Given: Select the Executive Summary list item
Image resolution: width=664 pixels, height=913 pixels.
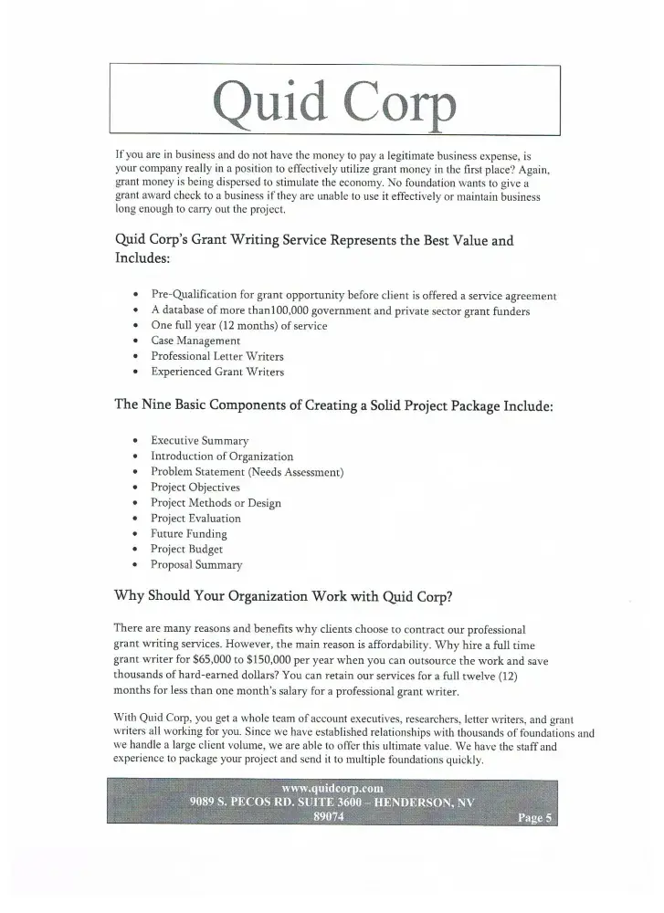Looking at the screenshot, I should [199, 441].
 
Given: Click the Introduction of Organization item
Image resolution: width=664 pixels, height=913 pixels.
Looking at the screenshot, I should [222, 456].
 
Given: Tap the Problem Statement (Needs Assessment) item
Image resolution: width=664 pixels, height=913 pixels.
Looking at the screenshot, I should [247, 472].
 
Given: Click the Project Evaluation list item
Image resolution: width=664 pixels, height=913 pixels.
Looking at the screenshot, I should [195, 519].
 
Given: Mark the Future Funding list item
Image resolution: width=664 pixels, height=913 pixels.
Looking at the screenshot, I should [189, 534].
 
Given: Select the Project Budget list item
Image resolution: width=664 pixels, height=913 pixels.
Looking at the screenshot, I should [186, 550].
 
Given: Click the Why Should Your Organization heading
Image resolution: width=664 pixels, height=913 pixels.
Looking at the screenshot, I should [283, 596].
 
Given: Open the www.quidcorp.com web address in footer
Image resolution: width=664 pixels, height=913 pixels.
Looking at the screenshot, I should [332, 787].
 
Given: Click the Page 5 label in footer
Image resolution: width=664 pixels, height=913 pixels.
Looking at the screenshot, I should [534, 818].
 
